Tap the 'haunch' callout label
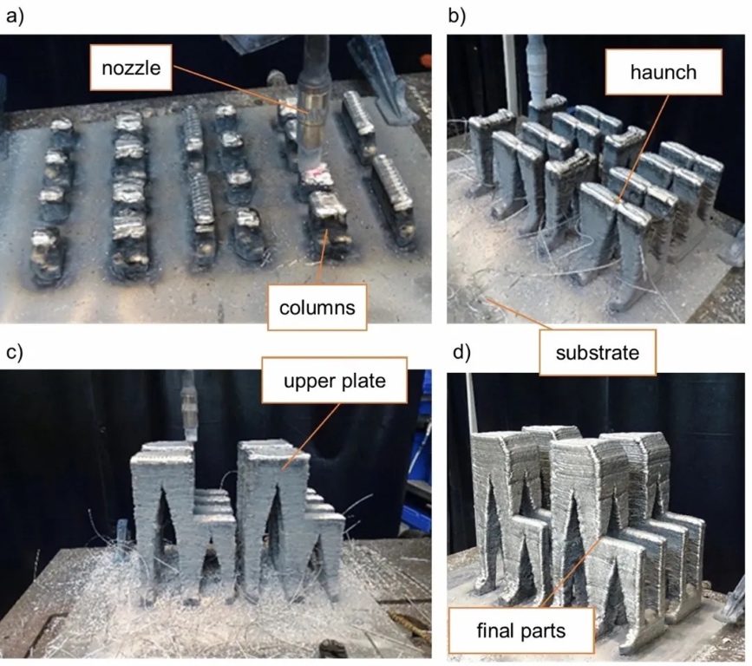(x=664, y=71)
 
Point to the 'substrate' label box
(x=598, y=352)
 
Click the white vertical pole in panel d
(x=471, y=408)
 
